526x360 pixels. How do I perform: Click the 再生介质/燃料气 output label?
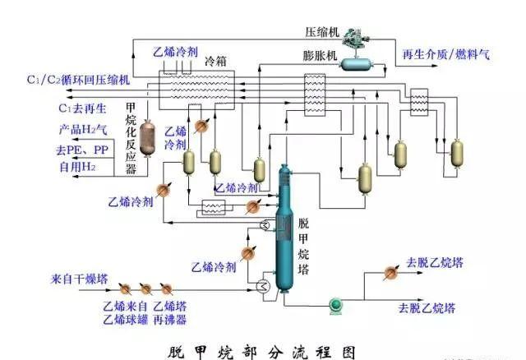(445, 55)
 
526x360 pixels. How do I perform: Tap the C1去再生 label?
(80, 108)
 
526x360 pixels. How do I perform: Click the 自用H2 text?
(76, 167)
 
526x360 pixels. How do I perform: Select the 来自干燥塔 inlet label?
(79, 279)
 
